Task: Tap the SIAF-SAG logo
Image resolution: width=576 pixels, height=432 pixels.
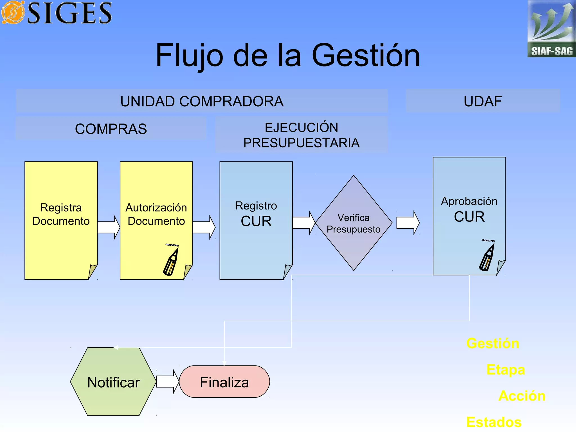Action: coord(552,29)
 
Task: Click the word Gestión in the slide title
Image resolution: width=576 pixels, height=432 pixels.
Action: coord(366,55)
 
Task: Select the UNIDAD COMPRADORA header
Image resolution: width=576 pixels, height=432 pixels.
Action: coord(202,101)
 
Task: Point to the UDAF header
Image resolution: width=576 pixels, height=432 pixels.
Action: coord(483,101)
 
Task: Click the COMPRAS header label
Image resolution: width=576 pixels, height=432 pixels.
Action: coord(111,129)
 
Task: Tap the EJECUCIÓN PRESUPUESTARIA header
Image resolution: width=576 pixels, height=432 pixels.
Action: coord(301,135)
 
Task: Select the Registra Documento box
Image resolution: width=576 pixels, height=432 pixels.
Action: coord(61,220)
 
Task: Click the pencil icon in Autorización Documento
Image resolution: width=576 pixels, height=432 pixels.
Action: coord(171,260)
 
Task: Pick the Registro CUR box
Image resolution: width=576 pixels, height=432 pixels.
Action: coord(256,220)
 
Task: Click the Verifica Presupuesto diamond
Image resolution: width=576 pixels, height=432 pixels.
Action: coord(354,223)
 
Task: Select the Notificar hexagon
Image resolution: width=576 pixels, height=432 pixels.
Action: coord(113,382)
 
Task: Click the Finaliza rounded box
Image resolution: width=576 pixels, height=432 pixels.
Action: coord(224,382)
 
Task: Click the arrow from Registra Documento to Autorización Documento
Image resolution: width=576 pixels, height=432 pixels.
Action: coord(109,227)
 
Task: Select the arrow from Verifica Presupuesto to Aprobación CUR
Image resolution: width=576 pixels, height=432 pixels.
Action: coord(408,223)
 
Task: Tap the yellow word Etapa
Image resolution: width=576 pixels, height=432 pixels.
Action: coord(505,370)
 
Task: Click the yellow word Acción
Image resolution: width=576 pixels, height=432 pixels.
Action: coord(522,396)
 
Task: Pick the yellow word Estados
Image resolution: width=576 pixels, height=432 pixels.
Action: coord(494,422)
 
